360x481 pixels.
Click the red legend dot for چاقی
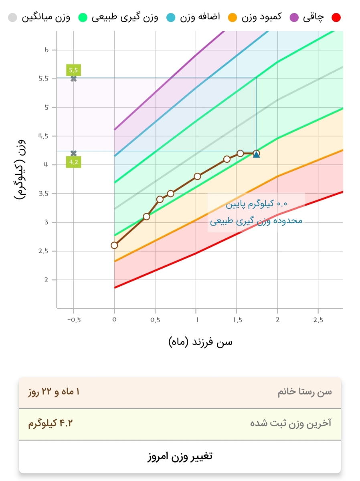(x=336, y=17)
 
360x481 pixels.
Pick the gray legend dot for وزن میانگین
(x=12, y=17)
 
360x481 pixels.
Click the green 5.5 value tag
(x=74, y=70)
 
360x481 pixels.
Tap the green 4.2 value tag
(x=74, y=162)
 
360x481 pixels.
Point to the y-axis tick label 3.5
(x=43, y=194)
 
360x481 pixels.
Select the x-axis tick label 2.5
(x=318, y=319)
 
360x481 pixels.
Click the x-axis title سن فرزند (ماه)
(x=200, y=342)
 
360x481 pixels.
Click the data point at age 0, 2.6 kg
(x=114, y=245)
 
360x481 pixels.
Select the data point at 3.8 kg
(x=197, y=176)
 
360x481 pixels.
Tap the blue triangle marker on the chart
(x=256, y=154)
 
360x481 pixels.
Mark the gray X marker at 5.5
(x=73, y=79)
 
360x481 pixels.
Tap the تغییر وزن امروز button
(x=180, y=456)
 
